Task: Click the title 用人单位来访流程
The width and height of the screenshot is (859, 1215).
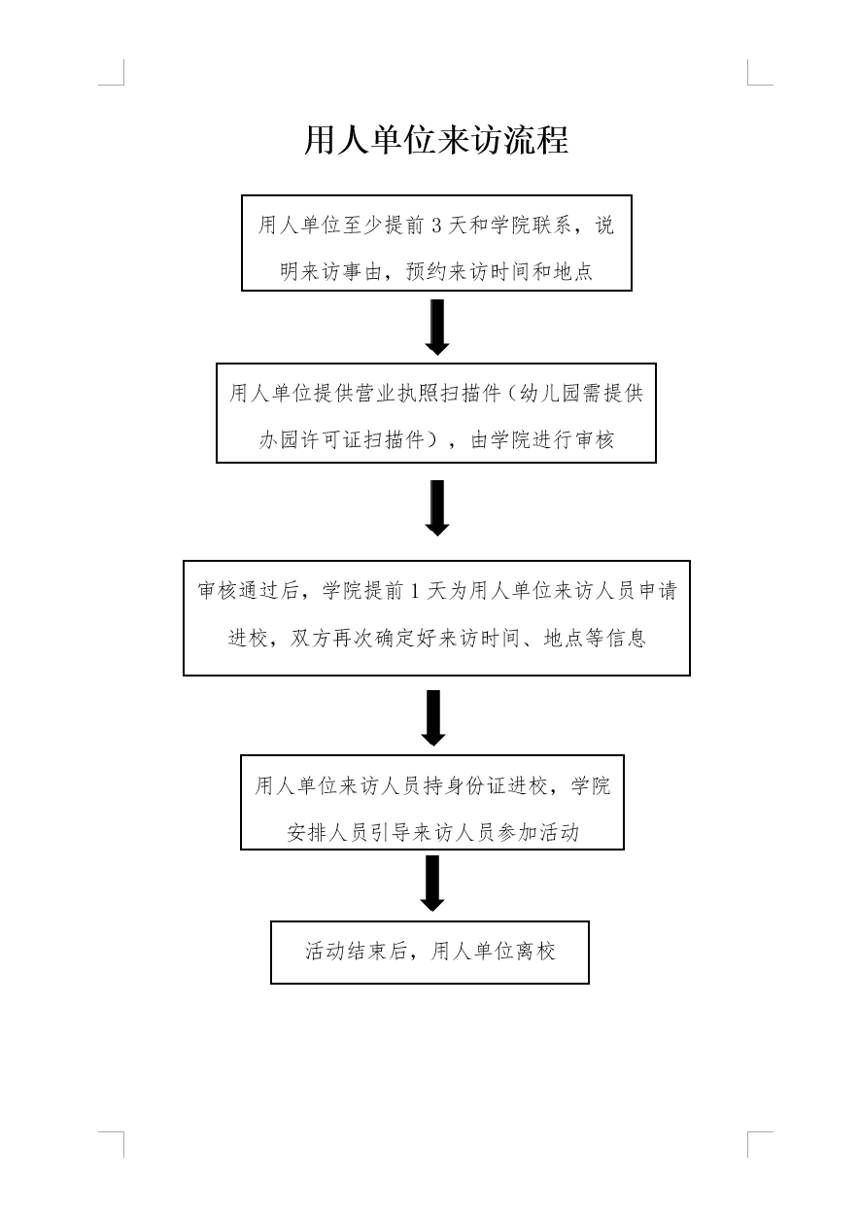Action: pyautogui.click(x=436, y=140)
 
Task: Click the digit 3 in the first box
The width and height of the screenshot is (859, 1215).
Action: pyautogui.click(x=436, y=226)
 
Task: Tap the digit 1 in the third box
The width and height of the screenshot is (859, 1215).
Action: pyautogui.click(x=415, y=591)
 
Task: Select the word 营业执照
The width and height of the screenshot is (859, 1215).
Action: pyautogui.click(x=397, y=394)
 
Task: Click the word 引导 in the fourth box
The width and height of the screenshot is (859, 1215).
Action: pyautogui.click(x=390, y=833)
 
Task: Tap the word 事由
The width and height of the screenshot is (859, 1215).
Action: pyautogui.click(x=362, y=271)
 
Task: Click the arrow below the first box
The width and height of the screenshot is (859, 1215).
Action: pyautogui.click(x=437, y=327)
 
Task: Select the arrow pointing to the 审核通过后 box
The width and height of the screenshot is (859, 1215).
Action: pyautogui.click(x=437, y=508)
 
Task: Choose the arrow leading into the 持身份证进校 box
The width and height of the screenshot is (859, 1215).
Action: pyautogui.click(x=433, y=718)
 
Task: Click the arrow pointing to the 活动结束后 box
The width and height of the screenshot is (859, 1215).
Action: pyautogui.click(x=432, y=884)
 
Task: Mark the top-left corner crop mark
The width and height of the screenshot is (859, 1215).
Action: pyautogui.click(x=123, y=85)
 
